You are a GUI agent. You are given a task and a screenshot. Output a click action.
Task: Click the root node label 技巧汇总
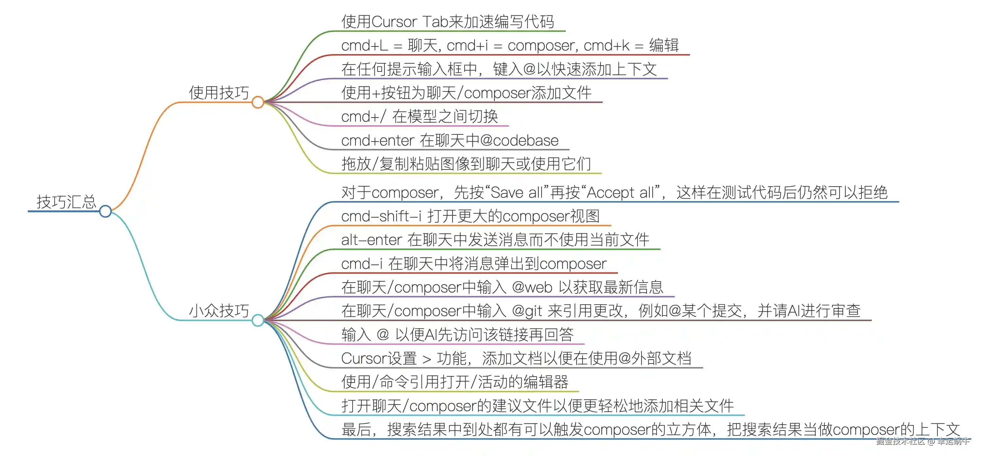(66, 202)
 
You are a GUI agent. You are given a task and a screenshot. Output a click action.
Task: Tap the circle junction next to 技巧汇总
(105, 211)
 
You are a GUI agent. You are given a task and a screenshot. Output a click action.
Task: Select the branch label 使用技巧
(219, 93)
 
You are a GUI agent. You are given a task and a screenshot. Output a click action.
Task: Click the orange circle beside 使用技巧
(258, 102)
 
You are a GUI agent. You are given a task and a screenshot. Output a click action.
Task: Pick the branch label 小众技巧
(219, 311)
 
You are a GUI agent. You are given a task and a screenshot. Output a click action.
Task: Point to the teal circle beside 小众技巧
(258, 320)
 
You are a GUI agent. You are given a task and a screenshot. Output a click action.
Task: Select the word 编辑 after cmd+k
(664, 45)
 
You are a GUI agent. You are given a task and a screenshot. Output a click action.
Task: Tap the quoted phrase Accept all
(621, 192)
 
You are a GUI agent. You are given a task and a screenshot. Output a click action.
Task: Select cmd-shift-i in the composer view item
(381, 216)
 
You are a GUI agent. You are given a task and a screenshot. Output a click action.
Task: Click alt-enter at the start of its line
(371, 240)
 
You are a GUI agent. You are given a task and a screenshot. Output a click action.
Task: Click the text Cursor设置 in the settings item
(379, 358)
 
